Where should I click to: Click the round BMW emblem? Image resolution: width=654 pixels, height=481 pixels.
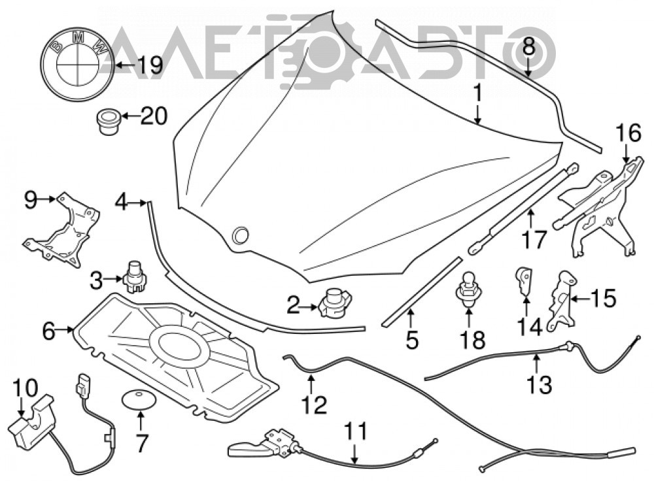77,65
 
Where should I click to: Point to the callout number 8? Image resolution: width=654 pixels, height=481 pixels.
528,46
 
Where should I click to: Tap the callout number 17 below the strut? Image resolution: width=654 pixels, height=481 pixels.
534,240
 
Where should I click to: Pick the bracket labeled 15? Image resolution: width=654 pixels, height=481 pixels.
561,299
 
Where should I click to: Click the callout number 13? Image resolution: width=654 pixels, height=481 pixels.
540,384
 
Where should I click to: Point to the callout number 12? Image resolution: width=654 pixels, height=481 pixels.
314,404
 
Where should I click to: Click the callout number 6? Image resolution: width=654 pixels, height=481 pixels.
49,331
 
